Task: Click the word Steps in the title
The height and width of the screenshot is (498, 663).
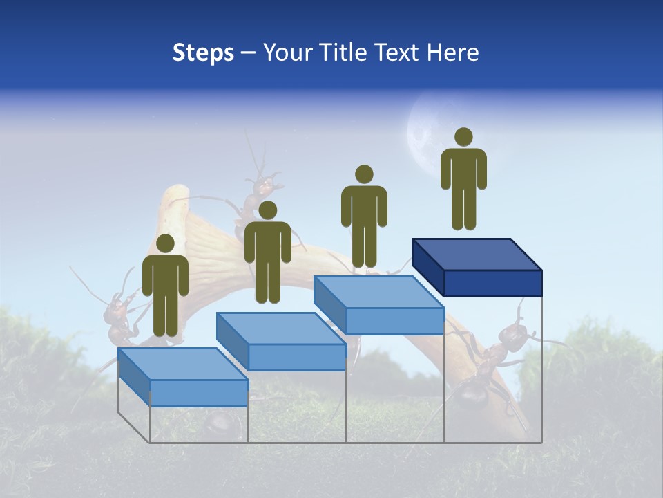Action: (x=203, y=53)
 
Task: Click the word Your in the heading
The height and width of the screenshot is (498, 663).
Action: (x=284, y=53)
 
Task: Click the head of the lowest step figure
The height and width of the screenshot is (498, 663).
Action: (x=165, y=243)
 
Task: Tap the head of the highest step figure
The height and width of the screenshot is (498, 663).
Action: (x=463, y=137)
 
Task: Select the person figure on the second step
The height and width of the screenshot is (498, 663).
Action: (x=267, y=252)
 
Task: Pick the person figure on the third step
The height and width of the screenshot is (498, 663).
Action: (x=364, y=216)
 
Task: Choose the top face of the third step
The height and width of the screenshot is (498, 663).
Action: (x=379, y=292)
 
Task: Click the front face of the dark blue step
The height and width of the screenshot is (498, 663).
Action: (x=492, y=283)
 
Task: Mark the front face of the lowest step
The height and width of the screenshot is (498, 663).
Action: (x=199, y=393)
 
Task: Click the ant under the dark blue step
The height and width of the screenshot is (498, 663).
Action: (x=490, y=367)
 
